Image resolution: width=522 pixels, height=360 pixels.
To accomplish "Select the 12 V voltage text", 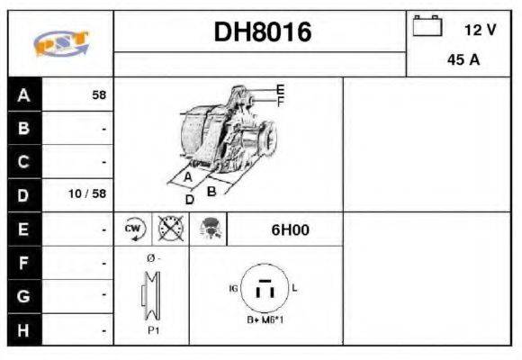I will (480, 30).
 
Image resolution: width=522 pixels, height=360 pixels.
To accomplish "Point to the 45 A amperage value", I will (463, 60).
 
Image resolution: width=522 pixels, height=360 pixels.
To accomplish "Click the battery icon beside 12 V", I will (427, 27).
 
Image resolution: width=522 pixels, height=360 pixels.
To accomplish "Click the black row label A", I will (24, 94).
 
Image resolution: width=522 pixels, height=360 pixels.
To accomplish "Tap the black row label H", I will (24, 330).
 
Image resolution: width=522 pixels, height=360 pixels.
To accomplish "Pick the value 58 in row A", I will (99, 94).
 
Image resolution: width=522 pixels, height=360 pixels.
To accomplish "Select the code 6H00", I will (290, 229).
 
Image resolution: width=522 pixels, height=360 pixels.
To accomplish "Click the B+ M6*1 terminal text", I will (265, 320).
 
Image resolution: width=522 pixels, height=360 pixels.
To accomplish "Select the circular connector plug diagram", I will (265, 289).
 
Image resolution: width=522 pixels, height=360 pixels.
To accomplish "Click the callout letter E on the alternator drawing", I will (280, 89).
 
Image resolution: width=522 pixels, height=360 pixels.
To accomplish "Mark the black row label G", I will (24, 296).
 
